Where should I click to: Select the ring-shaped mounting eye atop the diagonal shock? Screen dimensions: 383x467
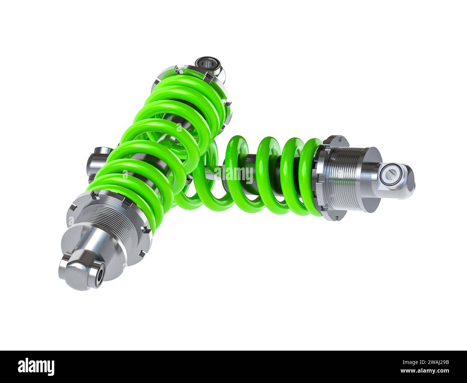205,65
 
